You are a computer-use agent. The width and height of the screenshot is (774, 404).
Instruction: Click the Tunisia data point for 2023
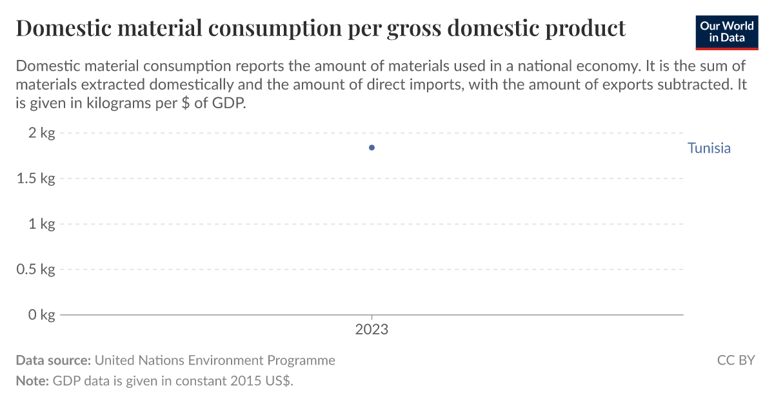[x=372, y=148]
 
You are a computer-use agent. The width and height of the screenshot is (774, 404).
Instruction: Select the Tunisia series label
[x=709, y=148]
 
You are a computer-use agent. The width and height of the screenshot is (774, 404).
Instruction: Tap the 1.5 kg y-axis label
[x=35, y=178]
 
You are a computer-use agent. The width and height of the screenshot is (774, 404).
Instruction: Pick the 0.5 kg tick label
[x=35, y=269]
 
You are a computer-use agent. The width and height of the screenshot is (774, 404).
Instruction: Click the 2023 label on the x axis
[x=372, y=330]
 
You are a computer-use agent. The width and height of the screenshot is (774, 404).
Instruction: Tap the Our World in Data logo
[x=727, y=32]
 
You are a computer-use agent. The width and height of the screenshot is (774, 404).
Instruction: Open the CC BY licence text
[x=736, y=360]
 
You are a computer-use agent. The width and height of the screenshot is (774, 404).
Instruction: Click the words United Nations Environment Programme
[x=215, y=360]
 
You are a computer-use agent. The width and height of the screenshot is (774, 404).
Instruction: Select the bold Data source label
[x=53, y=360]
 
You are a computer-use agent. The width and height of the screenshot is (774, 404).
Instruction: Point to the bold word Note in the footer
[x=32, y=381]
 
